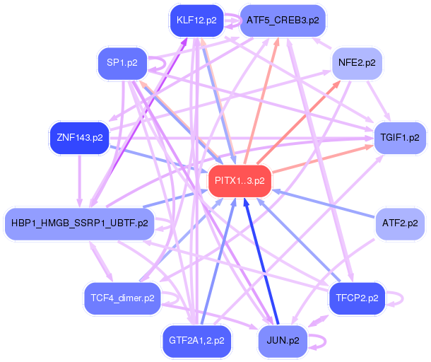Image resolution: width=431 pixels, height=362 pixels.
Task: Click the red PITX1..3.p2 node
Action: coord(240,181)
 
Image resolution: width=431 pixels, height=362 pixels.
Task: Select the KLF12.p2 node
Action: coord(196,21)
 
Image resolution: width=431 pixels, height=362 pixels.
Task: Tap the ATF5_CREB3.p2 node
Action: coord(283,21)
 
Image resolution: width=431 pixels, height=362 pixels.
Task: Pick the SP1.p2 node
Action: coord(122,63)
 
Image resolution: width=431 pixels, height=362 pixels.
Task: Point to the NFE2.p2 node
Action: coord(357,63)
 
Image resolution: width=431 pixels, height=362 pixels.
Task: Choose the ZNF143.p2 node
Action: coord(80,138)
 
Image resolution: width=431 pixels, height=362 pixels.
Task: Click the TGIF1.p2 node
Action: coord(400,138)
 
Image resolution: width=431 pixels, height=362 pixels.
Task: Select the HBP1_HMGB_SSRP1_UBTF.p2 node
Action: coord(79,223)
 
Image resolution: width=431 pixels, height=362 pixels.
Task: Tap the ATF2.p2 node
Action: coord(400,223)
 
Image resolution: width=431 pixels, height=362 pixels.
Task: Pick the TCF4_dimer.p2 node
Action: coord(122,298)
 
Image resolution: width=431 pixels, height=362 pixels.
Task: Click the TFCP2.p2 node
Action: coord(357,298)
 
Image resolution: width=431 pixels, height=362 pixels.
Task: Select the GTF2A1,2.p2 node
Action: coord(196,341)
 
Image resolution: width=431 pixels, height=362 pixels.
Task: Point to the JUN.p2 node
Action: coord(283,341)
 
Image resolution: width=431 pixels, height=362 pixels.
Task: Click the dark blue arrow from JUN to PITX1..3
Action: coord(261,262)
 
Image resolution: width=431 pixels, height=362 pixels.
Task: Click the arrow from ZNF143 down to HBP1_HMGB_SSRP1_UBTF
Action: coord(80,181)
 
